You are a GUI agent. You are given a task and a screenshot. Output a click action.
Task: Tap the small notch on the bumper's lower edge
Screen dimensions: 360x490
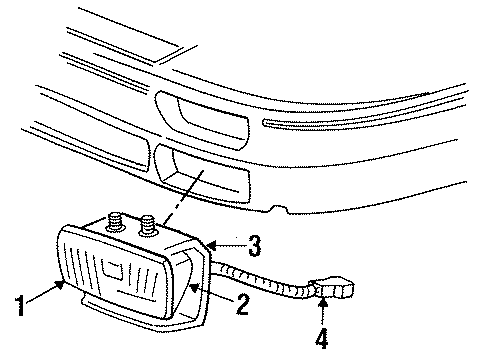(x=284, y=210)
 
